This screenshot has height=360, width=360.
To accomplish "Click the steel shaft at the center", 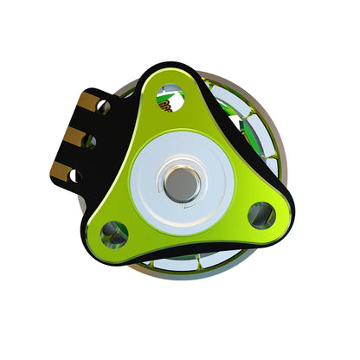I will click(x=180, y=183).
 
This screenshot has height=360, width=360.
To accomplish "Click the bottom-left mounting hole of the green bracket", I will click(x=113, y=232).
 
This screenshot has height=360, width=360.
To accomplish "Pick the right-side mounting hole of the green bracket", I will click(x=260, y=215).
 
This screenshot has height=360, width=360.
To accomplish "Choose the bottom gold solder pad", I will click(x=62, y=170).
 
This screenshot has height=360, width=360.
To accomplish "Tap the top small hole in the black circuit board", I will click(x=103, y=106).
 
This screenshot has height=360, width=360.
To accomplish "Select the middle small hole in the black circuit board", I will click(x=90, y=141).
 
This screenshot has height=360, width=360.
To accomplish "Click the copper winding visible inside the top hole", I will click(x=167, y=104).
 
